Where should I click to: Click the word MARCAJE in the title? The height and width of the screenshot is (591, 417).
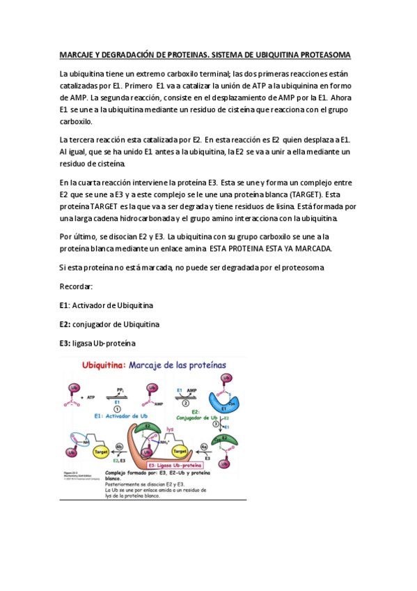pos(77,55)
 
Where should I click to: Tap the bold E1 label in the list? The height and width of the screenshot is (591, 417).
pos(64,305)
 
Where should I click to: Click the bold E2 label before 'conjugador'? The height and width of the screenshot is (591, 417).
pos(65,324)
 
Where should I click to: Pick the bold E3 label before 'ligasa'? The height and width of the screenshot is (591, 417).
pos(65,343)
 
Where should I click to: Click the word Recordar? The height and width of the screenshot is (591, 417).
pos(76,286)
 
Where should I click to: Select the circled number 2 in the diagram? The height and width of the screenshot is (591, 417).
pos(185,402)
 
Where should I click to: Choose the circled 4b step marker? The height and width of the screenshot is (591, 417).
pos(119,447)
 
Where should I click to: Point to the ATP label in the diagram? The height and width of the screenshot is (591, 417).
pos(92,397)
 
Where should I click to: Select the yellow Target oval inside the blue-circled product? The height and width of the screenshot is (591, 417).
pos(100,452)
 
